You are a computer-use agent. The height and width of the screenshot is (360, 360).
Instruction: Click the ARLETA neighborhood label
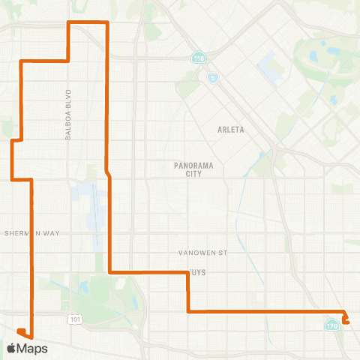click(231, 129)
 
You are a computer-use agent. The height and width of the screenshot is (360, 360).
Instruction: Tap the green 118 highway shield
click(198, 58)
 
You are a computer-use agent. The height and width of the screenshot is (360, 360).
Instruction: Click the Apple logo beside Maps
click(12, 348)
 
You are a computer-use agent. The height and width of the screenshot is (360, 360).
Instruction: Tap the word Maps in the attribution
click(33, 348)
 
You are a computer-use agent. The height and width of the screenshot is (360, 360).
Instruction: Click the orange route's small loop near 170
click(346, 318)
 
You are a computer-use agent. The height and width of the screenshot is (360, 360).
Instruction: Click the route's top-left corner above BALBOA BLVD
click(70, 23)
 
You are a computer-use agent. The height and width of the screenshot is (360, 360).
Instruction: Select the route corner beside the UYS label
click(187, 271)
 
